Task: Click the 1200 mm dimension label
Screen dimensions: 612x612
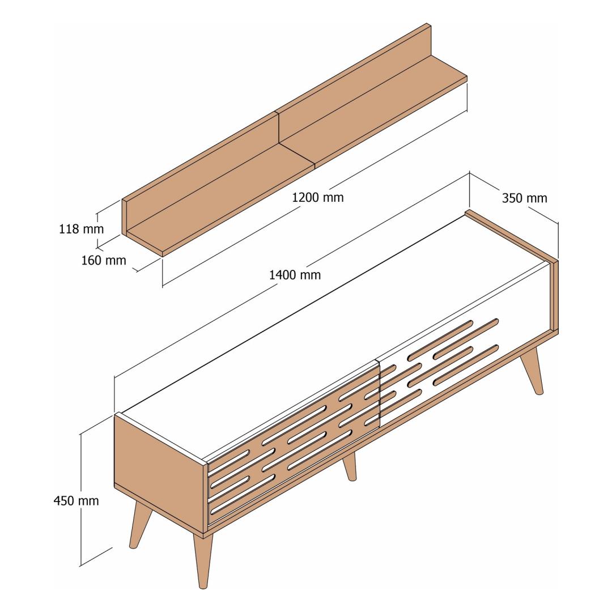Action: coord(318,197)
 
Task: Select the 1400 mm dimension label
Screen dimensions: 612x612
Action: coord(295,275)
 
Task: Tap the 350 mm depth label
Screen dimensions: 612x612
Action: coord(524,198)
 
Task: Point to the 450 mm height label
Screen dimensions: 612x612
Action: coord(76,500)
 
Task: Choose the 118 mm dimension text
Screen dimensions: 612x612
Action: coord(81,228)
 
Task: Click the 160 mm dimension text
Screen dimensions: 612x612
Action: coord(104,260)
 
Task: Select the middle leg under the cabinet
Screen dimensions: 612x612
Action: coord(350,466)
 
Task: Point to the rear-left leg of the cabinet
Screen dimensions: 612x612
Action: coord(140,525)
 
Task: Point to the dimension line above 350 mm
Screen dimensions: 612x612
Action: coord(513,198)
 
